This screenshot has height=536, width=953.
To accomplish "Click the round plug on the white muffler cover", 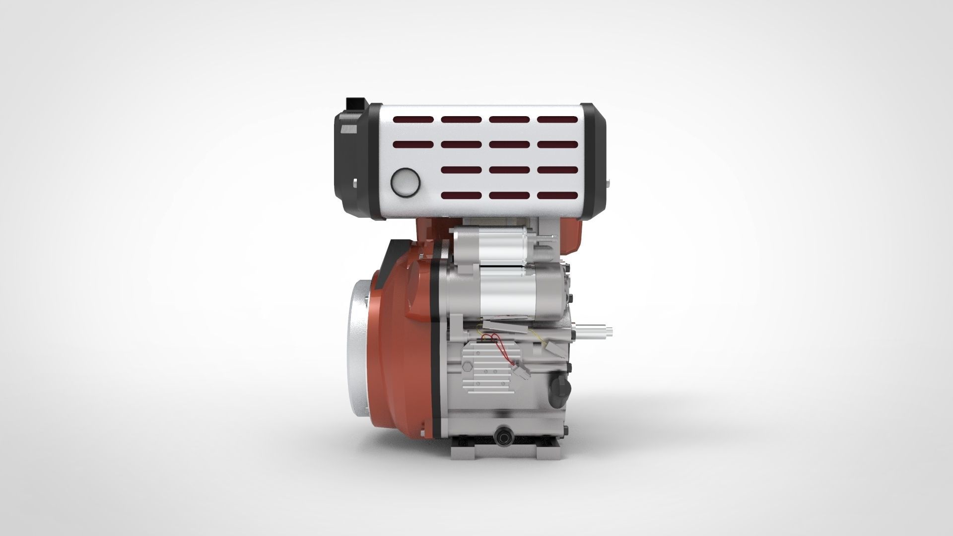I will (x=406, y=182).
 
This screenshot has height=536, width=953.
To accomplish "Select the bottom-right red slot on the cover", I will (x=557, y=196).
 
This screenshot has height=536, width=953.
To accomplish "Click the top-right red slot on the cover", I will (x=557, y=120).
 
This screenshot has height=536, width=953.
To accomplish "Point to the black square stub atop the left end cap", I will (x=356, y=104).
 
